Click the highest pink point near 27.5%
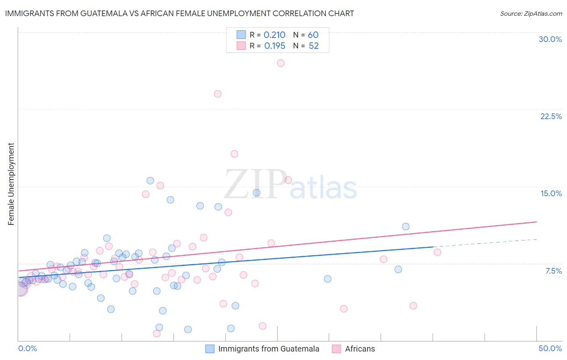[x=281, y=63]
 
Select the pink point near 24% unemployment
[x=218, y=94]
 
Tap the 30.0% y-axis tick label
[x=550, y=39]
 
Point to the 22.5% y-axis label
[x=551, y=116]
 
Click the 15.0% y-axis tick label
[x=551, y=193]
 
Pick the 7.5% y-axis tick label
[x=553, y=271]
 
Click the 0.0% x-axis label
[x=27, y=348]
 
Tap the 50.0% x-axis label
[x=550, y=348]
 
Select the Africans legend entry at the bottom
[x=360, y=349]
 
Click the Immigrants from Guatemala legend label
[x=269, y=349]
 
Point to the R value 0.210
[x=274, y=35]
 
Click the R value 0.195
[x=275, y=46]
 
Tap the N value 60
[x=313, y=35]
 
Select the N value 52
[x=314, y=46]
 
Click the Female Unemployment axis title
[x=11, y=184]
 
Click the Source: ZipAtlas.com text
[x=531, y=14]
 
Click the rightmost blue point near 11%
[x=406, y=226]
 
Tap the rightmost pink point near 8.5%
[x=438, y=252]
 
